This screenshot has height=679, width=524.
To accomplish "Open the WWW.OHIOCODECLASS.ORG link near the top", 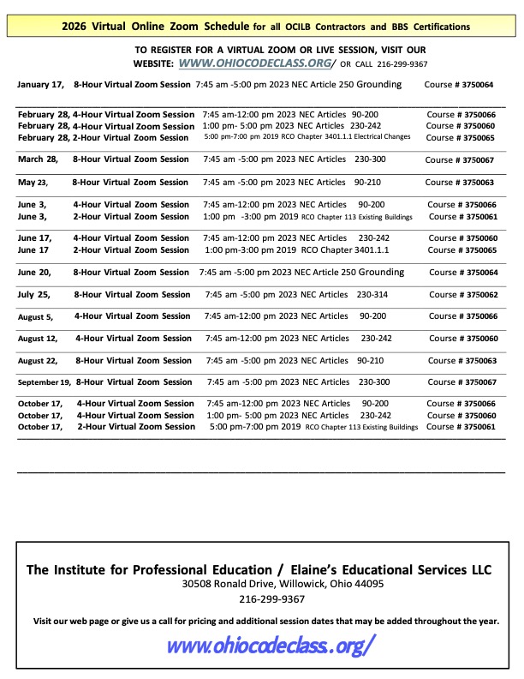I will point(256,63).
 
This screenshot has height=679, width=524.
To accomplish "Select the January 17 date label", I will point(40,85).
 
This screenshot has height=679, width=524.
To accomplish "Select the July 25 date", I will point(35,295).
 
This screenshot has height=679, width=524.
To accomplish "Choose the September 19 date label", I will point(44,382).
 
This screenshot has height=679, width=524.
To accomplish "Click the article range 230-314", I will point(372,295).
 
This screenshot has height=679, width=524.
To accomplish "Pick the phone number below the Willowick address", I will point(271,599).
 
